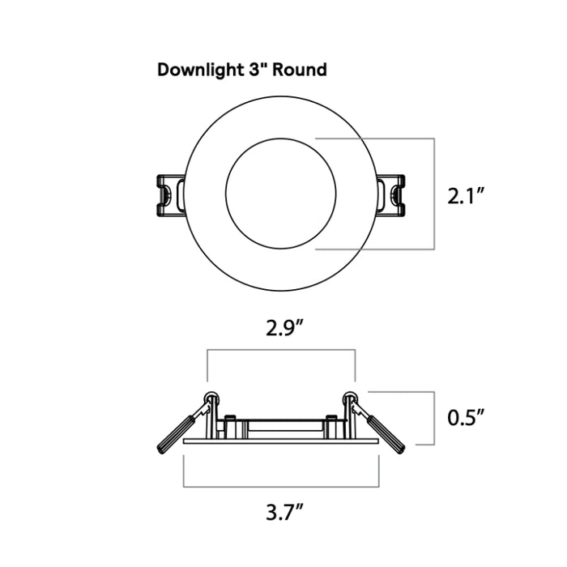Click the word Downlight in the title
pos(198,70)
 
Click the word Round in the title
pos(300,70)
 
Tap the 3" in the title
pos(257,70)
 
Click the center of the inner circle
pos(281,194)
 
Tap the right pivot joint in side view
pos(352,398)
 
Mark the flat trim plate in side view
pos(281,441)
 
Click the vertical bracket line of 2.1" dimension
pos(437,194)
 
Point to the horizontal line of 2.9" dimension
pos(281,350)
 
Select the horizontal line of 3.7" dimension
pos(281,487)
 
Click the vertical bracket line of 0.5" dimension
pos(437,418)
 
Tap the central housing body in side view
pos(281,428)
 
